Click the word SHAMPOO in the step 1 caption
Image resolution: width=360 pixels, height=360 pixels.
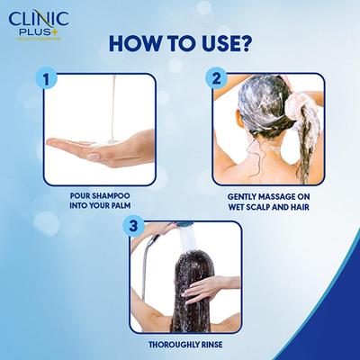119,193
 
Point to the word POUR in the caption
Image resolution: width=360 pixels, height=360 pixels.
82,193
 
